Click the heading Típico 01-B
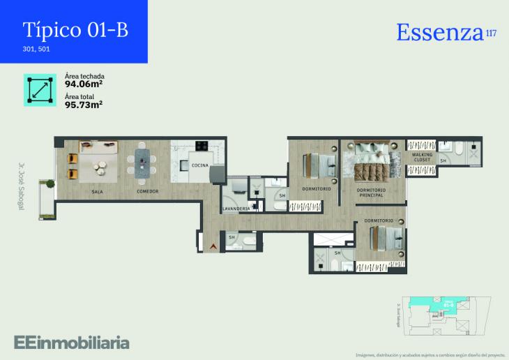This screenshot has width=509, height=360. (75, 30)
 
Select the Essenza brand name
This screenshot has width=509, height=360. (439, 32)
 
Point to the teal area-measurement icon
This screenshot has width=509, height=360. (39, 90)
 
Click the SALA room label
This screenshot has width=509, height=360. (98, 191)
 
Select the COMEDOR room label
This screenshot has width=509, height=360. (148, 191)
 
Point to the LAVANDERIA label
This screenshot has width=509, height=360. (236, 209)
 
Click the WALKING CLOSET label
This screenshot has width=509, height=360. (423, 157)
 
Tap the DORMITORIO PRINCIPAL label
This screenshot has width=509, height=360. (370, 192)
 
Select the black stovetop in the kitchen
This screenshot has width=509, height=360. (203, 147)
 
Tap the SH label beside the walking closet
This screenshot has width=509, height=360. (443, 161)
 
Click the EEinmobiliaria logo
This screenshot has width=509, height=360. (72, 342)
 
